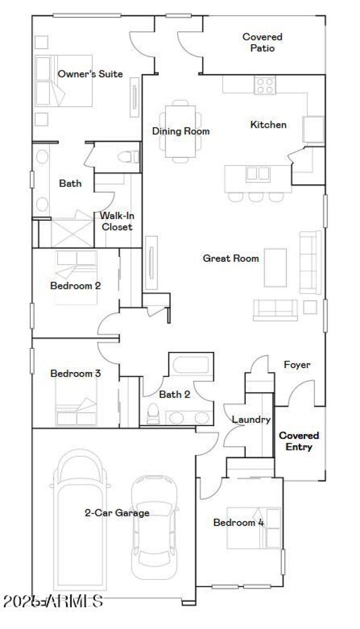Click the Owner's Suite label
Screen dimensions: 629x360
pyautogui.click(x=90, y=74)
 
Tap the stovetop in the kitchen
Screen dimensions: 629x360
pyautogui.click(x=265, y=85)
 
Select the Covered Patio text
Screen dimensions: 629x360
pyautogui.click(x=262, y=42)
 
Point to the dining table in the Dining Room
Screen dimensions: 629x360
pyautogui.click(x=180, y=131)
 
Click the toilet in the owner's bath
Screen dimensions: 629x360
pyautogui.click(x=128, y=157)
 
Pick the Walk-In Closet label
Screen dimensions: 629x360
pyautogui.click(x=117, y=221)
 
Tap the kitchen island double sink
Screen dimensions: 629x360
pyautogui.click(x=258, y=173)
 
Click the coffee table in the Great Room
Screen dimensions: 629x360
pyautogui.click(x=275, y=267)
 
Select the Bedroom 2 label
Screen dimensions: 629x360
pyautogui.click(x=75, y=286)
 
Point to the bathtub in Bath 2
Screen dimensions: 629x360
pyautogui.click(x=191, y=364)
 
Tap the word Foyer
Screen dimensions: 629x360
pyautogui.click(x=297, y=364)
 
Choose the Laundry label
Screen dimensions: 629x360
pyautogui.click(x=251, y=420)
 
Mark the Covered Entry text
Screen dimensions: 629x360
pyautogui.click(x=299, y=441)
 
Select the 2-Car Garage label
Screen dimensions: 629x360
pyautogui.click(x=117, y=512)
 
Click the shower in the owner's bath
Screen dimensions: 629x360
pyautogui.click(x=72, y=233)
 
